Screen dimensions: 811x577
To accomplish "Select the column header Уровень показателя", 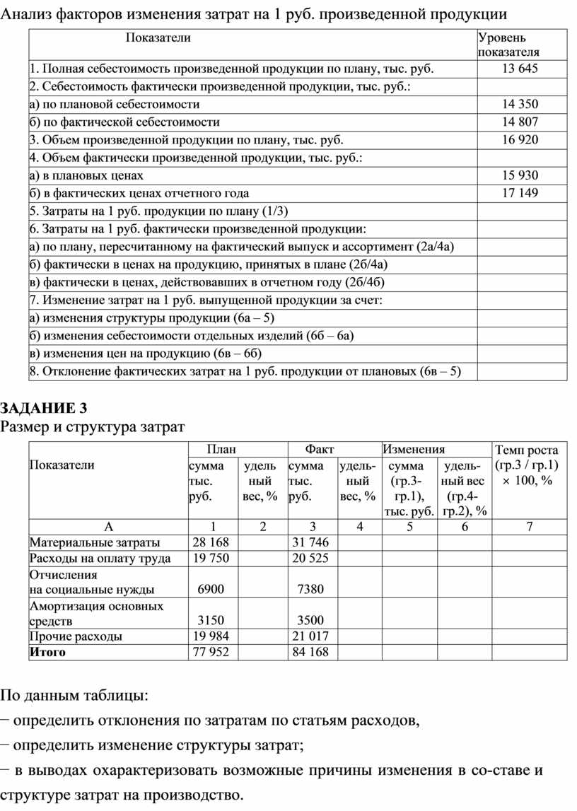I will [508, 44].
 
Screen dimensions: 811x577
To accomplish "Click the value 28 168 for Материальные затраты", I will [211, 542].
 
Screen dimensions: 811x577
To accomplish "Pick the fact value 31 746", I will [310, 542].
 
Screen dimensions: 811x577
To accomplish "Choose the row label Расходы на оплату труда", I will [100, 559].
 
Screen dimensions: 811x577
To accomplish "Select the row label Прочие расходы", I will [75, 636].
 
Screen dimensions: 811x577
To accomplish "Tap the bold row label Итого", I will [47, 652].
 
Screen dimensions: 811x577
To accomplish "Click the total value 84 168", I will [310, 652].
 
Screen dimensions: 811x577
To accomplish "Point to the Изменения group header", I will [414, 449].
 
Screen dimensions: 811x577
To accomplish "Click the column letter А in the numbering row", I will [108, 527].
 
